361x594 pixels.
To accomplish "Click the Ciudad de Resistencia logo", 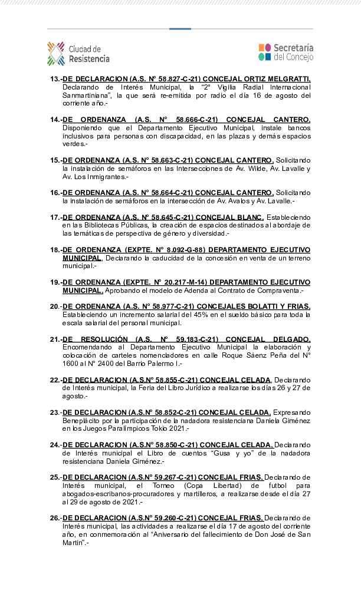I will (78, 54).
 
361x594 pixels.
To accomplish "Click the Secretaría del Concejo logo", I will (285, 52).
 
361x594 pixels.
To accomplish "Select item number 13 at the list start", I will (55, 78).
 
